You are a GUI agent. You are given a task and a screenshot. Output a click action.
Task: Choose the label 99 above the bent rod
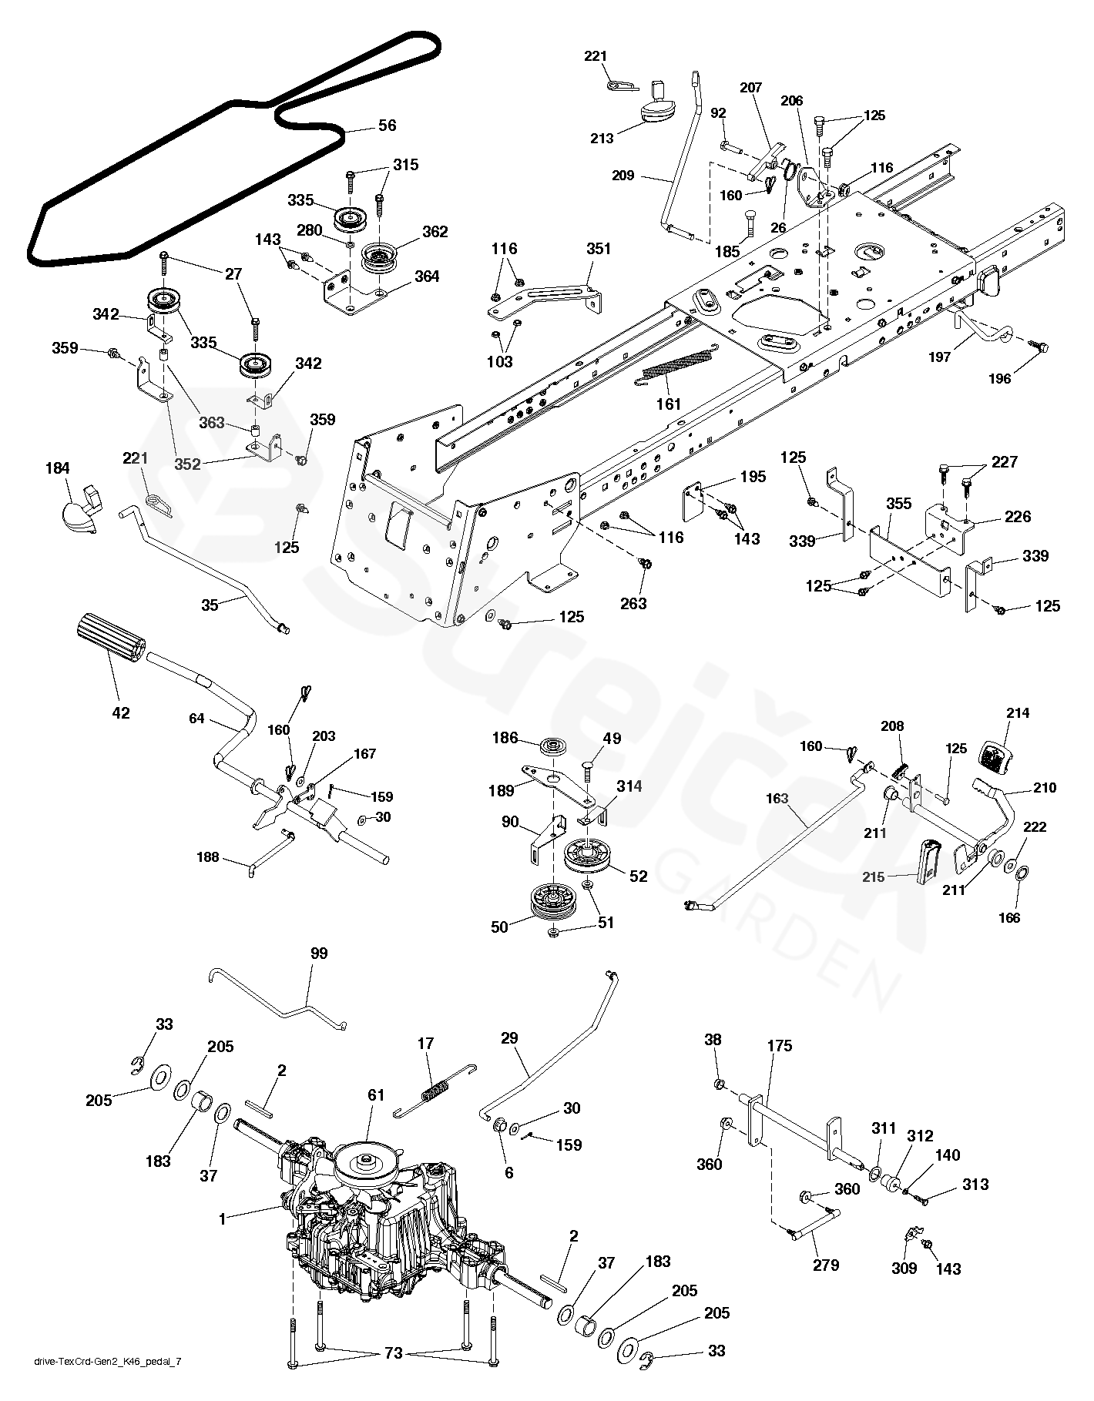pos(318,954)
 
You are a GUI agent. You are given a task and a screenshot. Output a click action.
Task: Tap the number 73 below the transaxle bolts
pos(393,1375)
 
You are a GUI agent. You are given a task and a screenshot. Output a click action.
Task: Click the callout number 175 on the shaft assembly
pos(779,1046)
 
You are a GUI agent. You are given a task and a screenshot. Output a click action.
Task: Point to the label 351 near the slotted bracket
pos(598,249)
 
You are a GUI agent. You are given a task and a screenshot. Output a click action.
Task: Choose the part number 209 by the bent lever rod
pos(623,176)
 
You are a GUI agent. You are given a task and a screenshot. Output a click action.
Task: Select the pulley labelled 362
pos(379,254)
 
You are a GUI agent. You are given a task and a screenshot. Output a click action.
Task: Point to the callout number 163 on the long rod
pos(777,799)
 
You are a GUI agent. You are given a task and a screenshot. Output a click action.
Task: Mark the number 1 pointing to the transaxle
pos(223,1219)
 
